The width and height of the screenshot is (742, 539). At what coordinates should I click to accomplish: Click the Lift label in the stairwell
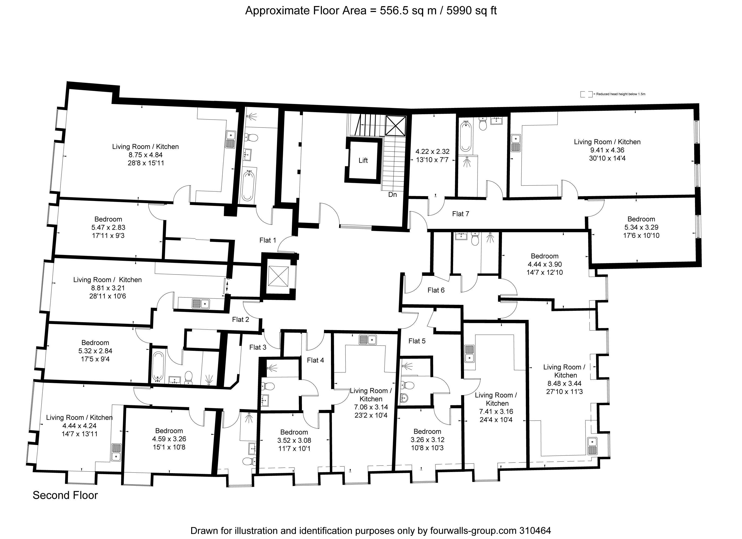click(363, 160)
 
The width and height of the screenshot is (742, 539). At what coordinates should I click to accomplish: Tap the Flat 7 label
click(461, 214)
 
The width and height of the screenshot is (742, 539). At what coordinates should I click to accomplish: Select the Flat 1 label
click(268, 240)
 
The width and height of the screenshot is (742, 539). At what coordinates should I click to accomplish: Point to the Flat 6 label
click(436, 290)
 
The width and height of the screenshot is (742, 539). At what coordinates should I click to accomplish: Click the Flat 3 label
click(258, 347)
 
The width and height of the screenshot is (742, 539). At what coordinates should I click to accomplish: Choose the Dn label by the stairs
click(393, 194)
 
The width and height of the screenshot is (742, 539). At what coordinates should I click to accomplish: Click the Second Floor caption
click(65, 495)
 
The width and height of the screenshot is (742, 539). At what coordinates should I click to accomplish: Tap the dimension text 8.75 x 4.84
click(146, 155)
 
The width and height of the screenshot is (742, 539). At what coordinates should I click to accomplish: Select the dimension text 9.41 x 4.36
click(607, 150)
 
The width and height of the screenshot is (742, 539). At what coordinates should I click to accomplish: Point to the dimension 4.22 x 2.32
click(432, 151)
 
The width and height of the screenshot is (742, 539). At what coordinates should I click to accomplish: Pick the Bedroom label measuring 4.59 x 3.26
click(169, 431)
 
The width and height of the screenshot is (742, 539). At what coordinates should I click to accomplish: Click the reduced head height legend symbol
click(586, 94)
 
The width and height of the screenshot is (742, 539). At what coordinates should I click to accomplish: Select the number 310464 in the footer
click(535, 530)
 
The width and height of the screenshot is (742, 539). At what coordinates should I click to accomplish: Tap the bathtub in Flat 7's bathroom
click(465, 137)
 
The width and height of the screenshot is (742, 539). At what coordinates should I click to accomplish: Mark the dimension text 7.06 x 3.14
click(371, 407)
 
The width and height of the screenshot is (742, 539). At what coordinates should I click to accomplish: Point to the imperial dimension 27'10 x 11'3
click(564, 392)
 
